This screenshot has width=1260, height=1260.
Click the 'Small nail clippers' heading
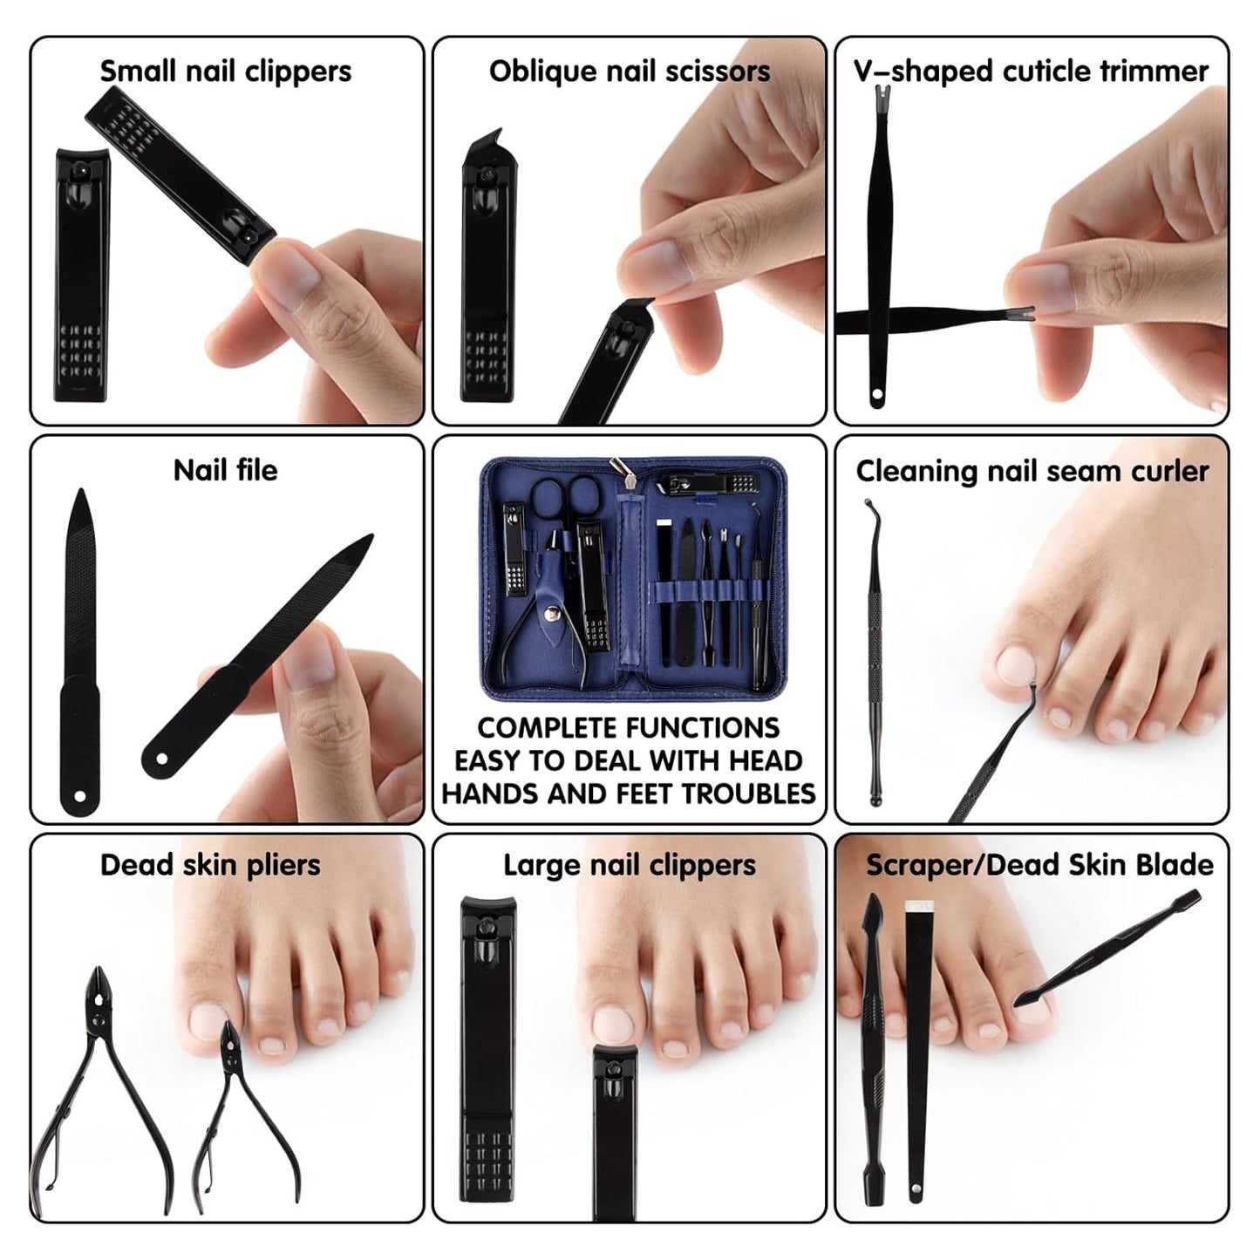[225, 72]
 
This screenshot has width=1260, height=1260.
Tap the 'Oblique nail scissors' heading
[629, 72]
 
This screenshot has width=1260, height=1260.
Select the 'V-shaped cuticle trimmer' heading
[1031, 72]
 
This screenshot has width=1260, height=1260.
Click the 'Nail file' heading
[225, 471]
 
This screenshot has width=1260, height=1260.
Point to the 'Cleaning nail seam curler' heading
[1032, 472]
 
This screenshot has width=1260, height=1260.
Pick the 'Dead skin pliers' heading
[210, 865]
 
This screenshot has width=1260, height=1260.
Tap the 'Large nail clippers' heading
[629, 865]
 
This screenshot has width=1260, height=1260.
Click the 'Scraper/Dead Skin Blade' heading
[1039, 865]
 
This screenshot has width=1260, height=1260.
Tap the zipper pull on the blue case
[621, 467]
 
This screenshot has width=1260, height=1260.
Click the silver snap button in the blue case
[551, 614]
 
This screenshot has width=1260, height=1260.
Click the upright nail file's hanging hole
[80, 796]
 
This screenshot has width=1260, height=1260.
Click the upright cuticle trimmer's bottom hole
[876, 398]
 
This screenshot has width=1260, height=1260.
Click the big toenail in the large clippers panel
[613, 1025]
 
